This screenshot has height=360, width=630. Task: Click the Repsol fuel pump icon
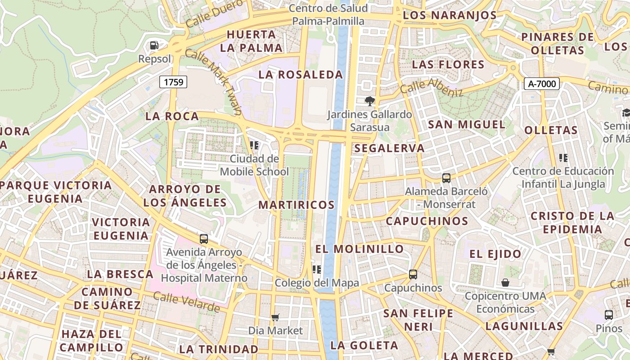point(154,45)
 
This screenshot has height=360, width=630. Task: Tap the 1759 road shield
point(173,82)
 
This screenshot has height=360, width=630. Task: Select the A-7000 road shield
point(542,83)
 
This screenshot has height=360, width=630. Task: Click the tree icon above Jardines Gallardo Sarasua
point(370,101)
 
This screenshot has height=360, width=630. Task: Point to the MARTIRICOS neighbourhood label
point(297,205)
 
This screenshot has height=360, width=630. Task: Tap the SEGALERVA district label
point(389,148)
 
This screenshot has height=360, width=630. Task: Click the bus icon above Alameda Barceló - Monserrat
point(446,178)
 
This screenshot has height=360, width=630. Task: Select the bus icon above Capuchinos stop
point(413,274)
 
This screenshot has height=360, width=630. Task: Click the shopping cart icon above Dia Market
point(275,318)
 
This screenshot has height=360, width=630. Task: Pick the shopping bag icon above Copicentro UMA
point(505,283)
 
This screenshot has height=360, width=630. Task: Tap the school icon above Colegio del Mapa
point(317,270)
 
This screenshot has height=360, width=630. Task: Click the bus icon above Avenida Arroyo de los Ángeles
point(204,239)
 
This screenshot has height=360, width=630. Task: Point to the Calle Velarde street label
point(186,302)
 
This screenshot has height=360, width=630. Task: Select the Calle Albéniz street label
point(432,87)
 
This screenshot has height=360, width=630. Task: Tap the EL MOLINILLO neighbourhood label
point(359,249)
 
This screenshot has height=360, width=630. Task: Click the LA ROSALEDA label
point(301,75)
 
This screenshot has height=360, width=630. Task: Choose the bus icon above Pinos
point(608,315)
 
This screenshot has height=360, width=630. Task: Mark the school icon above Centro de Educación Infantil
point(563,158)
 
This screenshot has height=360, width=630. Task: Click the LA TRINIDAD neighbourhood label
point(219,349)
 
